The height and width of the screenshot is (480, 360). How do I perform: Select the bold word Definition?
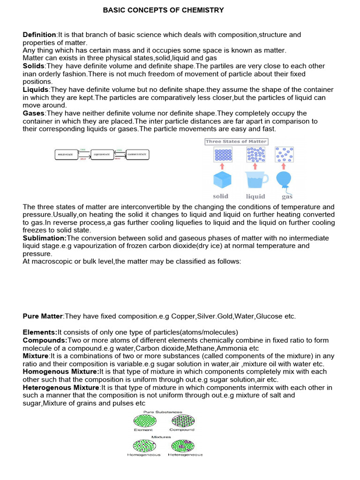(x=39, y=35)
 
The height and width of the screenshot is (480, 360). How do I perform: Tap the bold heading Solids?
(x=34, y=66)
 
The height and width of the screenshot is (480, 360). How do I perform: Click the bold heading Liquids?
(x=36, y=90)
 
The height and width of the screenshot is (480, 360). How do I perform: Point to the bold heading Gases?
(x=34, y=113)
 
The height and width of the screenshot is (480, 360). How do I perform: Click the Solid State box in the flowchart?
(x=67, y=154)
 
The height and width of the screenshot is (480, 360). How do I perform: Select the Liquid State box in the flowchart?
(x=102, y=154)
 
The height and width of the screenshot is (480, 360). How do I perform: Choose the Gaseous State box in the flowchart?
(x=138, y=154)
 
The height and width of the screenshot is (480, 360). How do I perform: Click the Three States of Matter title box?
(x=236, y=142)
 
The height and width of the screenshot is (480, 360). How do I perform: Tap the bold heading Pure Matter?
(x=43, y=316)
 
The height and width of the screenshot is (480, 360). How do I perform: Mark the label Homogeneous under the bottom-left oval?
(x=143, y=455)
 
